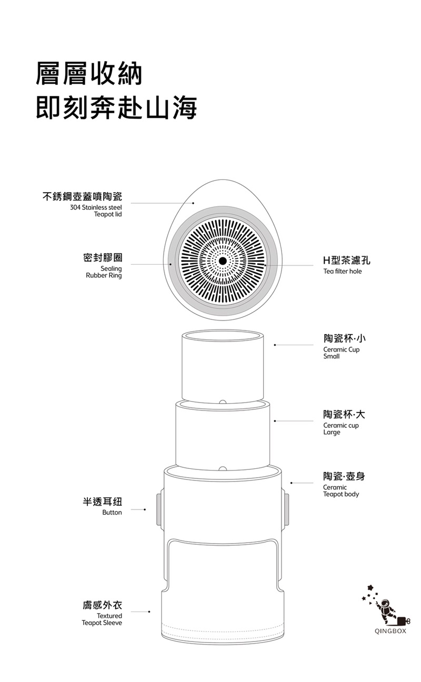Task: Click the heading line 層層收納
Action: coord(89,74)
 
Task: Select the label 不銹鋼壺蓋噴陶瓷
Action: coord(82,197)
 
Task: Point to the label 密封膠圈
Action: coord(103,258)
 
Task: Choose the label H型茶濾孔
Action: coord(347,260)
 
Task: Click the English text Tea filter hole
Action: coord(343,272)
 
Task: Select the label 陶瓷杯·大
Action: coord(345,414)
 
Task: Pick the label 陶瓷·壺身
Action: coord(344,476)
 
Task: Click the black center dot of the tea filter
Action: coord(223,261)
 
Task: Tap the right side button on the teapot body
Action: coord(286,509)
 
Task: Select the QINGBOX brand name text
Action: coord(390,631)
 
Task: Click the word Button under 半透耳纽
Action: coord(112,513)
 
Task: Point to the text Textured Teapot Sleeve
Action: coord(102,619)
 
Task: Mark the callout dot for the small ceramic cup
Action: coord(275,345)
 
